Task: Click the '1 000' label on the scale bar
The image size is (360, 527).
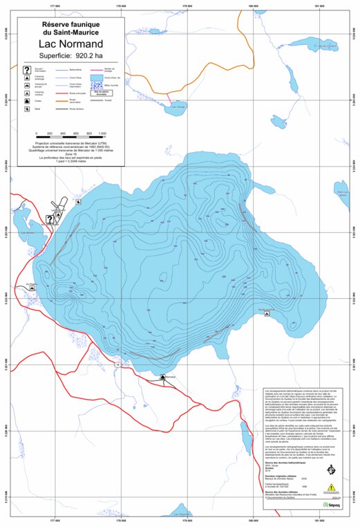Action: [x=102, y=133]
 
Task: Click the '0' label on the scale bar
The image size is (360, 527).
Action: [x=36, y=133]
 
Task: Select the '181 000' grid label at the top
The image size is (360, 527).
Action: [x=318, y=7]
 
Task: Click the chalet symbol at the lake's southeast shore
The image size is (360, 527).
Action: [x=267, y=314]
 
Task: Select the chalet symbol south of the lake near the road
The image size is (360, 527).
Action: [x=162, y=377]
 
